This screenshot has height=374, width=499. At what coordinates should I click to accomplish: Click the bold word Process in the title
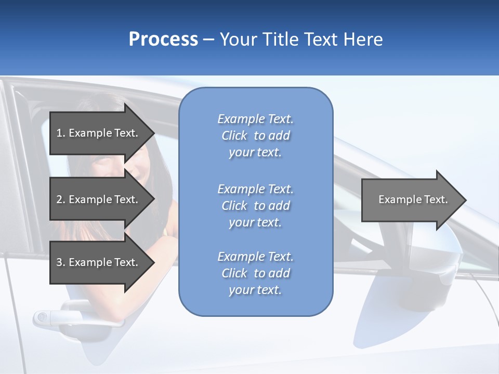pos(163,39)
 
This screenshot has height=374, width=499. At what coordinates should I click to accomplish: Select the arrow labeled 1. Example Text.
pos(99,133)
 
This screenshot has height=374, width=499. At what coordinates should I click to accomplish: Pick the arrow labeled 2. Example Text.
pos(99,199)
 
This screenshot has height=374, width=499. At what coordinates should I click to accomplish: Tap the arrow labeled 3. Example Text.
pos(99,262)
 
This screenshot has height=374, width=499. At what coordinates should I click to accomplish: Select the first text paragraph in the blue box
pos(255,136)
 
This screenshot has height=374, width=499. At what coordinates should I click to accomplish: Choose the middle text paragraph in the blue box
pos(255,206)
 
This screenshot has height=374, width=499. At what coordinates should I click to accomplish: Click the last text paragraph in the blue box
pos(255,273)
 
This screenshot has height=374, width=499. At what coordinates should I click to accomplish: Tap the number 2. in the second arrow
pos(60,199)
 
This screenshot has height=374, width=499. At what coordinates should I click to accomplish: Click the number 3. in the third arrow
pos(60,262)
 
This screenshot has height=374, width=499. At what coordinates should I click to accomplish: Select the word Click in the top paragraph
pos(234,136)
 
